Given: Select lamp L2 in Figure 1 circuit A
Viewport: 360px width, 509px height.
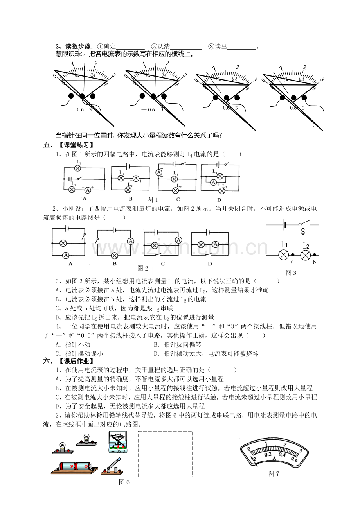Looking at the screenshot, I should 77,168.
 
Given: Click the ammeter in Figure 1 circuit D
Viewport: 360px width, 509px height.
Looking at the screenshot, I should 213,182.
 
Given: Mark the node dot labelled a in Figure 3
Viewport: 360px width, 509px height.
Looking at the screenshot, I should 293,255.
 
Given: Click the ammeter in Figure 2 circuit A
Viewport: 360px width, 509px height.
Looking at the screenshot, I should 66,255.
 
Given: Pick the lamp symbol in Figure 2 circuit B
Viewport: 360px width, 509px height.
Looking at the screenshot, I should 115,255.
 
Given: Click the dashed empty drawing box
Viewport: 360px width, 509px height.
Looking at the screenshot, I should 165,454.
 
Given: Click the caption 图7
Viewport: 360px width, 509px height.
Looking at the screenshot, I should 274,474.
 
